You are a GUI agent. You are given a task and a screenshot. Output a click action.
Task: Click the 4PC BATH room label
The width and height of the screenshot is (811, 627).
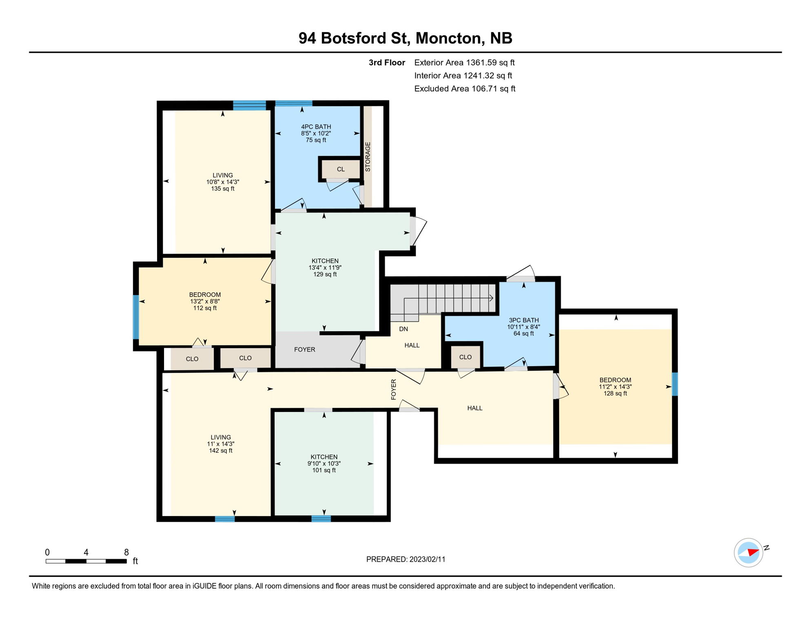(316, 127)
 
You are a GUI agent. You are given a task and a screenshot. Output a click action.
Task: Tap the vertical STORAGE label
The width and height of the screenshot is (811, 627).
(368, 157)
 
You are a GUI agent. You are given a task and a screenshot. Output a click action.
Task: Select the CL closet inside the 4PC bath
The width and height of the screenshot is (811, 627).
(341, 169)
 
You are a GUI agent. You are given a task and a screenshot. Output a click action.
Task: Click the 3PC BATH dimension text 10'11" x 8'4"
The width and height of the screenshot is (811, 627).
(523, 327)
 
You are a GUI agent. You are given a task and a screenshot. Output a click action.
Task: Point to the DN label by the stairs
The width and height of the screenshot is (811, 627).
(403, 329)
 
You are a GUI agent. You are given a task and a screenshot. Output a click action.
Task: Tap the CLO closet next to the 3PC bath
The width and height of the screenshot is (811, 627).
(465, 357)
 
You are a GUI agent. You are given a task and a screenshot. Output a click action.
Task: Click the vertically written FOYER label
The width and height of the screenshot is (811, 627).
(393, 389)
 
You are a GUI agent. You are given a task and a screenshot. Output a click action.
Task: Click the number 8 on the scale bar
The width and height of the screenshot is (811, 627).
(126, 552)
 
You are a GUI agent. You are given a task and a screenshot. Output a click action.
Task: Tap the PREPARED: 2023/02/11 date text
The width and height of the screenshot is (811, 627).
(405, 559)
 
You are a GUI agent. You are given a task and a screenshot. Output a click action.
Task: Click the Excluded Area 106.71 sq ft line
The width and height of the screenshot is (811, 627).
(465, 89)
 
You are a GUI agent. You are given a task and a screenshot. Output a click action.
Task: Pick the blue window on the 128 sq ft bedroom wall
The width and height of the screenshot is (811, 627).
(674, 384)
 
